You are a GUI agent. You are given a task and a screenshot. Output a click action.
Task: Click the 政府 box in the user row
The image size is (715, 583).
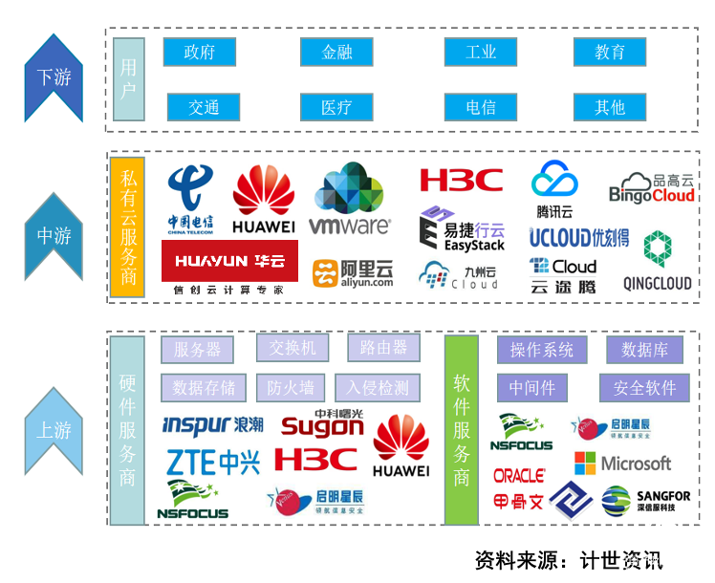(x=199, y=52)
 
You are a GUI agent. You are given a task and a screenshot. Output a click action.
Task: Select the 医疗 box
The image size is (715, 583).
(x=336, y=106)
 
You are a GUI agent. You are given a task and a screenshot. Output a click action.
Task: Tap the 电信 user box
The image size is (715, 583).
(x=480, y=106)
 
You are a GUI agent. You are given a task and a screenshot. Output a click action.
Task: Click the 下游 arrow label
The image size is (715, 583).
(x=54, y=77)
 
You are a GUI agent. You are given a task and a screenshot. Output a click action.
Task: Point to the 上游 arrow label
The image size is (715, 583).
(x=54, y=430)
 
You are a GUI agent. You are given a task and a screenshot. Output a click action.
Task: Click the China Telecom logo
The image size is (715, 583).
(x=191, y=200)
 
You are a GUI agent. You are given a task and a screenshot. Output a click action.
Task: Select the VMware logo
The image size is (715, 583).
(x=350, y=202)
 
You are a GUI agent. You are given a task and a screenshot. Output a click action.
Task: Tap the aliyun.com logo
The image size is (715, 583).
(x=354, y=272)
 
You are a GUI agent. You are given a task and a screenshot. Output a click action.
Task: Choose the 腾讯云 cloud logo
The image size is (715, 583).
(x=554, y=189)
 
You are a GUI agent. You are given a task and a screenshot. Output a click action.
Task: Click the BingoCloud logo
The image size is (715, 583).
(x=652, y=188)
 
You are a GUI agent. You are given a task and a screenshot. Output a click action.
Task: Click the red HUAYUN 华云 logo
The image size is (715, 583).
(x=229, y=260)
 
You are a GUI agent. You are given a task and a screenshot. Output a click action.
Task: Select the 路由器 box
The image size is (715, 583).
(x=383, y=348)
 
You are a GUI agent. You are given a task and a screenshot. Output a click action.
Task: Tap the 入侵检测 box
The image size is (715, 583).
(x=378, y=387)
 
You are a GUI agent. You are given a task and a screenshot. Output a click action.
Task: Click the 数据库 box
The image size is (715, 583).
(x=644, y=350)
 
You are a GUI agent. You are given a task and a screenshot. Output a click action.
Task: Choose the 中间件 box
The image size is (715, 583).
(x=531, y=387)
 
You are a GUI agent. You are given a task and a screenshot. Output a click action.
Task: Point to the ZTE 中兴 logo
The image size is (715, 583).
(x=213, y=463)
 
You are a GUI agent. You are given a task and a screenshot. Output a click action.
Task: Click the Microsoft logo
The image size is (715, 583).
(x=623, y=464)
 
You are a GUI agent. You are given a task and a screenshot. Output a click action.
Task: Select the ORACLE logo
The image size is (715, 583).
(x=519, y=475)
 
